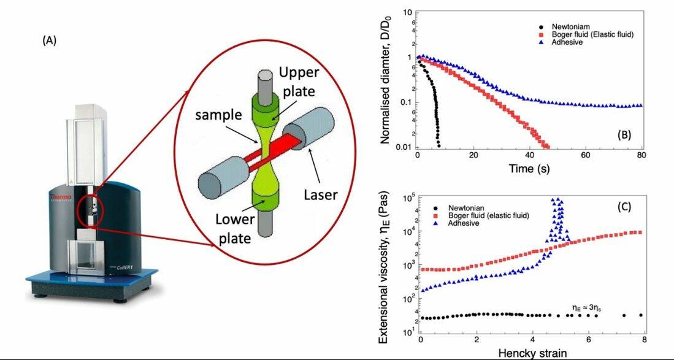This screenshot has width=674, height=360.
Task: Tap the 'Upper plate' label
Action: pyautogui.click(x=297, y=83)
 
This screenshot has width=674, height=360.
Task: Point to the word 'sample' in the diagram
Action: pyautogui.click(x=217, y=115)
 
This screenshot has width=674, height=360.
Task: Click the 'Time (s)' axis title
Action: pyautogui.click(x=529, y=168)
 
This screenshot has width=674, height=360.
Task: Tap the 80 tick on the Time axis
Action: pyautogui.click(x=642, y=155)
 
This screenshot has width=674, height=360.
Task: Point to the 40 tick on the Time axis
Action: pyautogui.click(x=530, y=155)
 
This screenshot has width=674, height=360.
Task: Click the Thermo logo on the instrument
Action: pyautogui.click(x=59, y=198)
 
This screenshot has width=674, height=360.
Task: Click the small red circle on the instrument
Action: pyautogui.click(x=90, y=212)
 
